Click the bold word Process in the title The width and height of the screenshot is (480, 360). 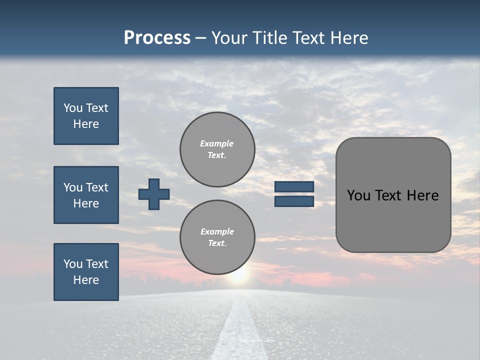(x=157, y=38)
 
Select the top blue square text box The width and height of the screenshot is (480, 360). (x=86, y=116)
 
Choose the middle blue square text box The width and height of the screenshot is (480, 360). (x=86, y=195)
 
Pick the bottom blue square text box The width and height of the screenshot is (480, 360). (x=86, y=272)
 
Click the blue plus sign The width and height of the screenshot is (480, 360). (x=154, y=194)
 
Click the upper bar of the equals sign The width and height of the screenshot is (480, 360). (x=294, y=186)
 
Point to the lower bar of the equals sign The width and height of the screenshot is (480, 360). (x=294, y=201)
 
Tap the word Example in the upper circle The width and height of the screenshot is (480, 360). (x=217, y=143)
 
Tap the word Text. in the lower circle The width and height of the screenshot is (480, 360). (x=217, y=243)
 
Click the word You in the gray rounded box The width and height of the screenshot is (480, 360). (x=358, y=195)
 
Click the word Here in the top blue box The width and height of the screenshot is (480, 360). (x=86, y=124)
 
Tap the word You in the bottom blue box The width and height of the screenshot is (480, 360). (x=73, y=264)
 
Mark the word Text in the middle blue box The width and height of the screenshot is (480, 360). (x=97, y=187)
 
